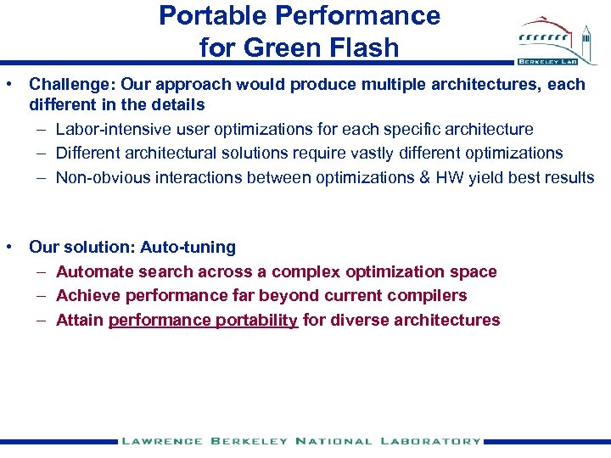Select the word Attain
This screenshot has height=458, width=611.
coord(79,320)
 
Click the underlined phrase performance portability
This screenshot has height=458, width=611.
coord(203,320)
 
